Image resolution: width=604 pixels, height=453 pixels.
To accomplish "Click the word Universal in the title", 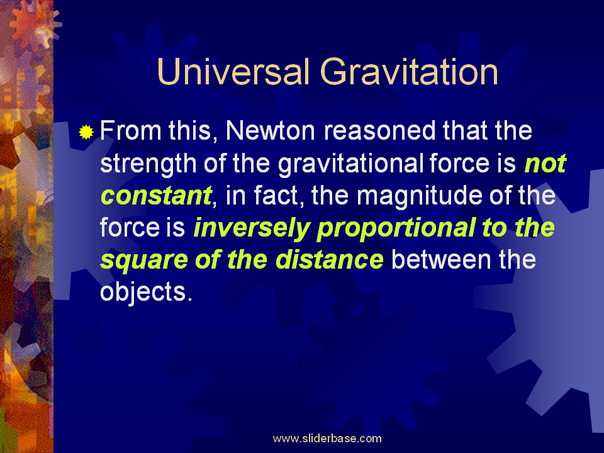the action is (233, 72).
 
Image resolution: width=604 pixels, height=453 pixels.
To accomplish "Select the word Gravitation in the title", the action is (409, 72).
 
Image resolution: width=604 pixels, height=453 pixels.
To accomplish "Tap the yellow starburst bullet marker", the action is (86, 132).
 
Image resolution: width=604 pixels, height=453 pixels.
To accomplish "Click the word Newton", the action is (271, 131).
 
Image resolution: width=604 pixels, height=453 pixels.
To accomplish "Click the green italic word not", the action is (545, 164).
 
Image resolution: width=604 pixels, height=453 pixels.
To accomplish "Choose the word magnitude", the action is (420, 196).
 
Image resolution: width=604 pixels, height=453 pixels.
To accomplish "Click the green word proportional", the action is (396, 228).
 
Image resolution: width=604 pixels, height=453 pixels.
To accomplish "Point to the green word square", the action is (144, 260).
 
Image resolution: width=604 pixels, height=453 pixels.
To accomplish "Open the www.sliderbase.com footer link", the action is (327, 439).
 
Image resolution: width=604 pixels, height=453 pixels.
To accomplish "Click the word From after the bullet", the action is (131, 131).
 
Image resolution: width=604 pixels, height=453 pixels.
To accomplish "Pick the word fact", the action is (276, 195).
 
